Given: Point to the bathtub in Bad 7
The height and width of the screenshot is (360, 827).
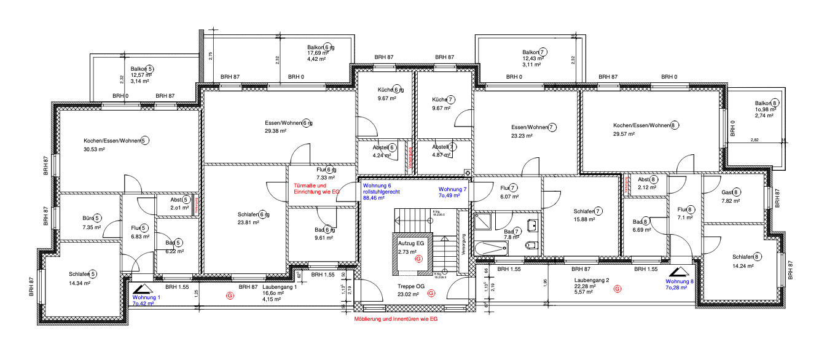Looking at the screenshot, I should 490,248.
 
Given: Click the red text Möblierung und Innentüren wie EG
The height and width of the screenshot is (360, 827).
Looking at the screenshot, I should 396,319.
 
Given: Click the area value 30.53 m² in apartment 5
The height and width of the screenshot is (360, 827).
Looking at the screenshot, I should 94,149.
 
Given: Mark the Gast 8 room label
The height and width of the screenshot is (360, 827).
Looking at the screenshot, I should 731,192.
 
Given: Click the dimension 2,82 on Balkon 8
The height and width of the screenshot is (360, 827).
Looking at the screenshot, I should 754,140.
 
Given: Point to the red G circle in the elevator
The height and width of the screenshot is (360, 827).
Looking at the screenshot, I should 418,259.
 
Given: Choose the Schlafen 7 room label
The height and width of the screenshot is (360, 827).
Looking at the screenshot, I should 587,211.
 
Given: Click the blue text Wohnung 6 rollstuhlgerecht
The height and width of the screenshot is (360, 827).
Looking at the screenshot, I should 381,192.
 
